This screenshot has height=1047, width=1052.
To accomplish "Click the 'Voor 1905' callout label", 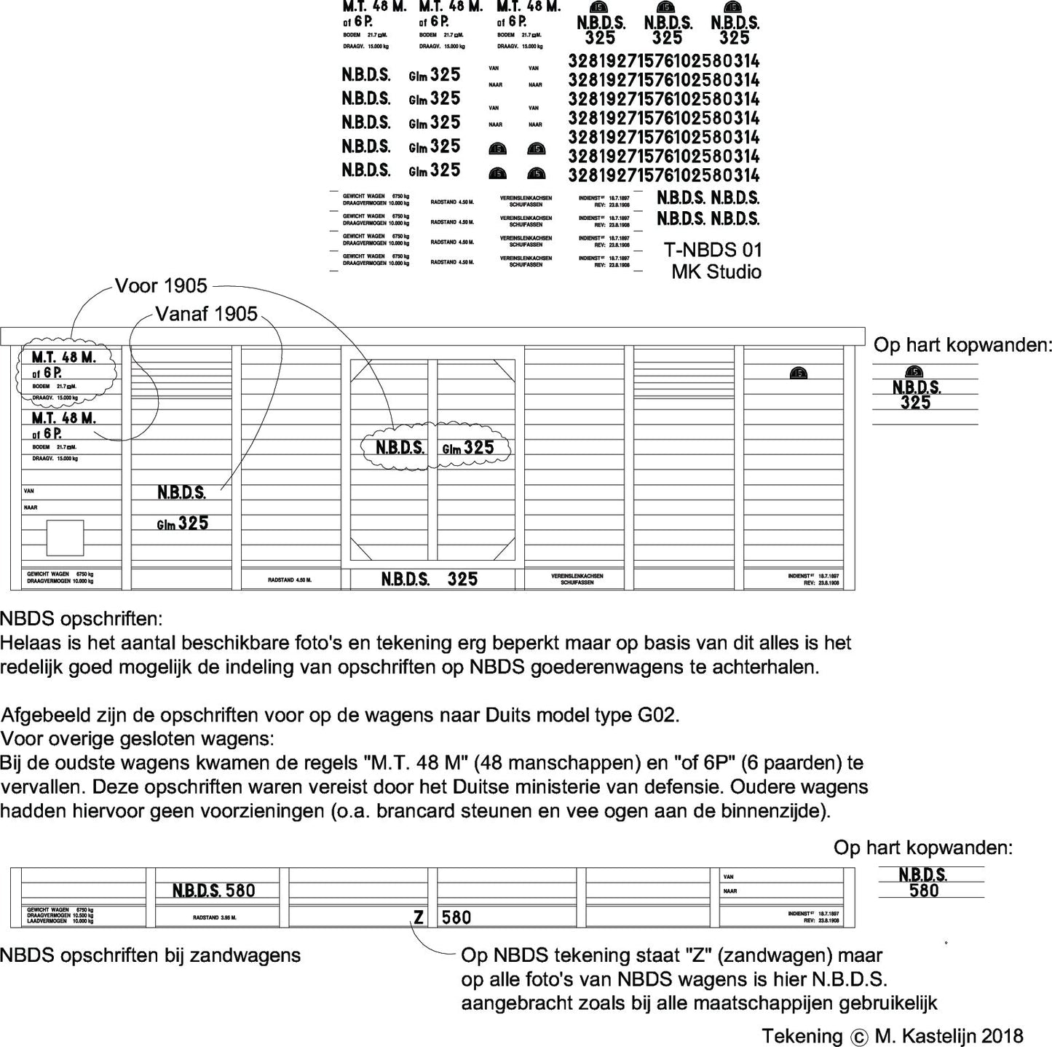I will tap(161, 286).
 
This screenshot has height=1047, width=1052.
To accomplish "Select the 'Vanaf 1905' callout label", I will tap(207, 314).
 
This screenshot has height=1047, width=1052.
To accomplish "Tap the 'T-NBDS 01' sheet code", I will tap(713, 250).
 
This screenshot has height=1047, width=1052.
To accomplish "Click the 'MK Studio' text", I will tap(716, 272).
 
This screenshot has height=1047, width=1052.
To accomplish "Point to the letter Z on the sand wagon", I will tap(419, 917).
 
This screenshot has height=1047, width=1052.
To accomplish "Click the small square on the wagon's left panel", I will tap(65, 538).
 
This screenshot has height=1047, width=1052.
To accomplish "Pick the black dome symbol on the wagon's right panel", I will tap(798, 374).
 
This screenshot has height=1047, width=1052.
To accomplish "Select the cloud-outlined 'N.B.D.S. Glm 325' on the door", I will tap(435, 447).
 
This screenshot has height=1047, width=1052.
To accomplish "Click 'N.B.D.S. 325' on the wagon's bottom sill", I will tap(430, 579).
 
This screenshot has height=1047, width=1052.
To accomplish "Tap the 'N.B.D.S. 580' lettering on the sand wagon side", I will tap(213, 890).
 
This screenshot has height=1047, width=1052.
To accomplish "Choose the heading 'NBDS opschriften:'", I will tap(82, 620).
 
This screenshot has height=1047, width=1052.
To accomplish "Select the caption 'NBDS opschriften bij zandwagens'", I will tap(151, 955).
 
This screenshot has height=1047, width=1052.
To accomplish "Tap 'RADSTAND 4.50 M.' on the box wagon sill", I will tap(290, 580).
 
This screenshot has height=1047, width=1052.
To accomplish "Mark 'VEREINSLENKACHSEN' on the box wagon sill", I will tap(577, 576).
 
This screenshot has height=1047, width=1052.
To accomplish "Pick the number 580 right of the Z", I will tap(456, 917).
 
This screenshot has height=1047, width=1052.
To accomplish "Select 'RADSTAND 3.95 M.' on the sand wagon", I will tap(215, 918).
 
